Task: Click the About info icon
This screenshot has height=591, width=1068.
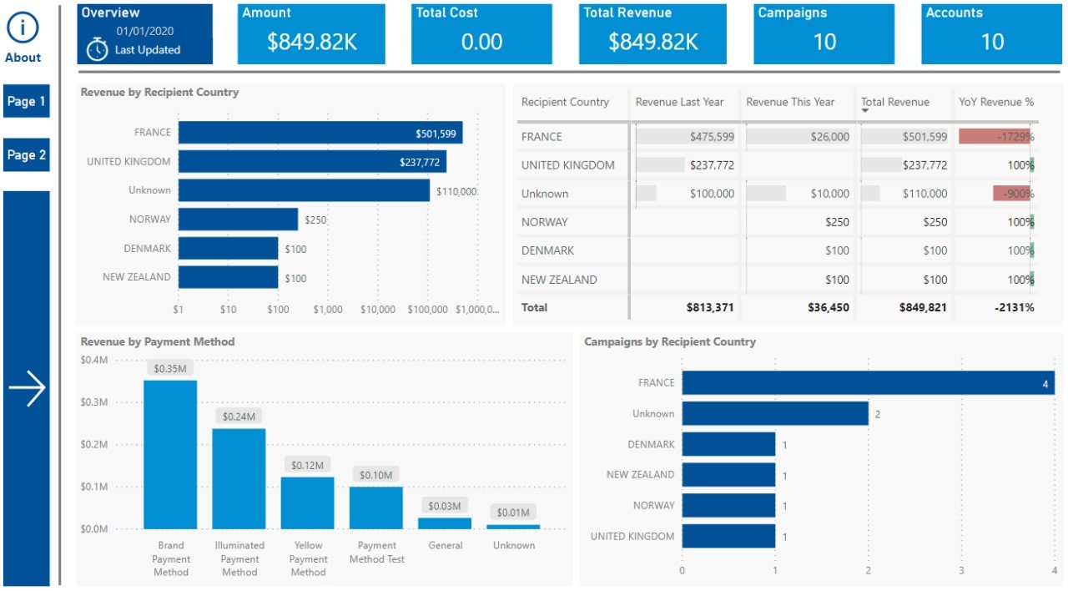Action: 23,28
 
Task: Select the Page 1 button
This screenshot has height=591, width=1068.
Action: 26,101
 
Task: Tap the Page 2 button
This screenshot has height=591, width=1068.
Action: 26,155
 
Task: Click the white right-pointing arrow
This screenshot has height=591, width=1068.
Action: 27,388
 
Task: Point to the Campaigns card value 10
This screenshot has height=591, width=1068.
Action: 824,42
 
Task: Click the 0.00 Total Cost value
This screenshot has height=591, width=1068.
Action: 481,42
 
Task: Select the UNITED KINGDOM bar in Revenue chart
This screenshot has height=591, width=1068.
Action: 312,162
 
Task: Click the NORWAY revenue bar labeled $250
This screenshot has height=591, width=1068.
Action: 238,220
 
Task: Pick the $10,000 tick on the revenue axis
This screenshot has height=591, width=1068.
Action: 378,309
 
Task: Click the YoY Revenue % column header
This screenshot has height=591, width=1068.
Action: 995,102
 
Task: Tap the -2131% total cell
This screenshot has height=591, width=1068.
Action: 1014,307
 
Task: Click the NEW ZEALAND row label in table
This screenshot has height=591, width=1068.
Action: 559,280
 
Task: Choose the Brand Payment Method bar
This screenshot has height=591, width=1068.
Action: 170,454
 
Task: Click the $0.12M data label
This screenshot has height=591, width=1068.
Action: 308,465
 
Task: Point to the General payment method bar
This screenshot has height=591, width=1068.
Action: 445,523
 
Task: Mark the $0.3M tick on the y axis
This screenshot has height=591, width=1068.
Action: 94,402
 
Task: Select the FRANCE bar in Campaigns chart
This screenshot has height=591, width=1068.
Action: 868,383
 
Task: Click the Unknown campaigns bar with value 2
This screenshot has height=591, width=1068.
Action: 775,414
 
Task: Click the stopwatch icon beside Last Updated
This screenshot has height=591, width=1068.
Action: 98,49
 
